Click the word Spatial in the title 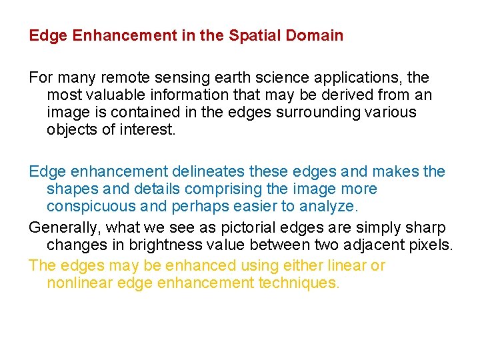click(251, 35)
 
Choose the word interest click(147, 129)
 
